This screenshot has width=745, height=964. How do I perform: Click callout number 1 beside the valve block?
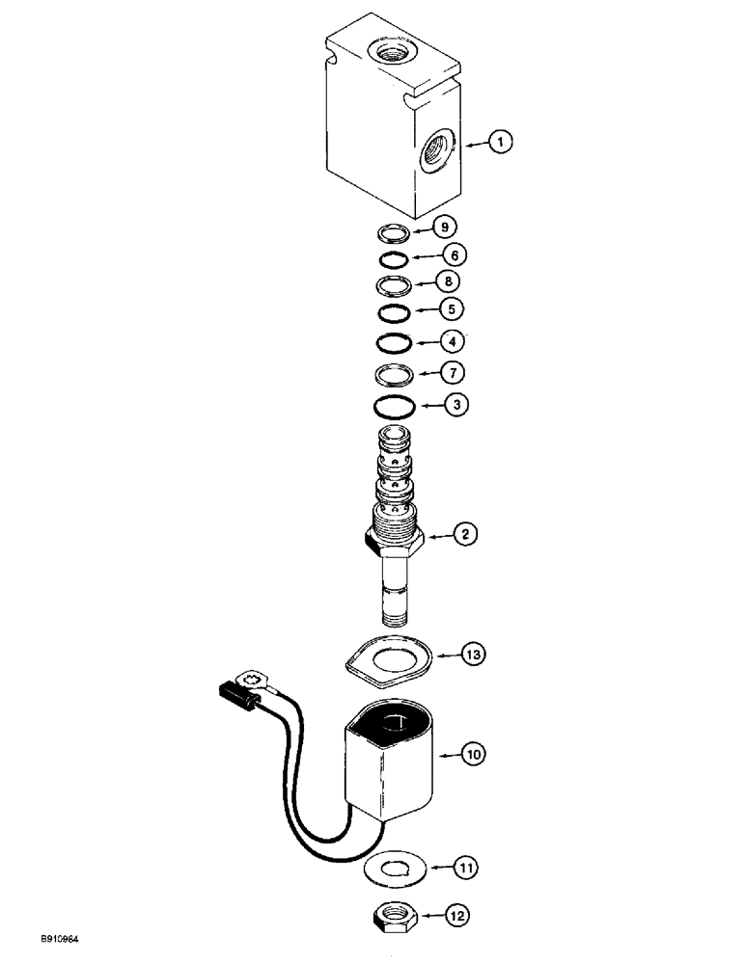click(499, 143)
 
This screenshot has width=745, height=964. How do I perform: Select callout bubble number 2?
click(465, 532)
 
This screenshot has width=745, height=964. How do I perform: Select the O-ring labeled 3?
click(396, 407)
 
